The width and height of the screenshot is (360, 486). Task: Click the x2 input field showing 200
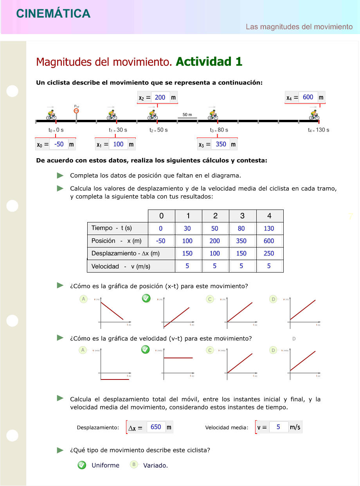(x=160, y=97)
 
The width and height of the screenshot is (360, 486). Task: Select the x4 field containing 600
(x=308, y=97)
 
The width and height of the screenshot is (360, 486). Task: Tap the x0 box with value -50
(x=59, y=144)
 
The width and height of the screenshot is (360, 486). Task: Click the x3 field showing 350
(x=221, y=144)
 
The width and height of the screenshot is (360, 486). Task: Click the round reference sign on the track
(x=76, y=110)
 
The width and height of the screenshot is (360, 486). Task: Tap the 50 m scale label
(x=187, y=115)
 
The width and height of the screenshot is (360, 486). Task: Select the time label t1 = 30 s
(x=118, y=130)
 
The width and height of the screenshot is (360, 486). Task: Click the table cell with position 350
(x=241, y=241)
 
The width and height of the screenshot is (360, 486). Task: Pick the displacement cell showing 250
(x=269, y=253)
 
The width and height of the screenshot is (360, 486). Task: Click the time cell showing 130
(x=269, y=228)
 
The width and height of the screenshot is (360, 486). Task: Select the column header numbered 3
(x=242, y=216)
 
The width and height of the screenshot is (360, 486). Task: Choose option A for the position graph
(x=83, y=299)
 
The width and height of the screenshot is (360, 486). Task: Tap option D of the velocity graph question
(x=274, y=350)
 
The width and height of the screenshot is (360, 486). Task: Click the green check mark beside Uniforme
(x=82, y=465)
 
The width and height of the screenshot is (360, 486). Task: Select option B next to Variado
(x=134, y=464)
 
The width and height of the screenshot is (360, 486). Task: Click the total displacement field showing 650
(x=156, y=427)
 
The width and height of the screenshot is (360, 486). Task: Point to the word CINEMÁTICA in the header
(x=53, y=14)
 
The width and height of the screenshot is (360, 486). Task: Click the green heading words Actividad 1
(x=209, y=61)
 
